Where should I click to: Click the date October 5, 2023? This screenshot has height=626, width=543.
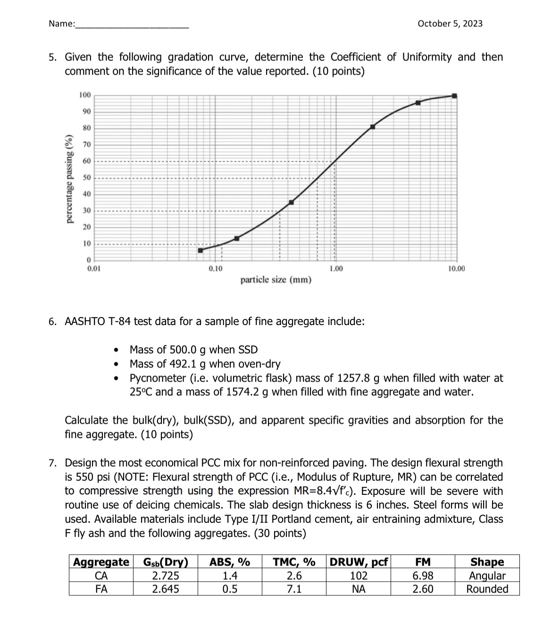point(450,24)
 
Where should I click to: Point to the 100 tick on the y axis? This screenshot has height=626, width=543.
point(85,95)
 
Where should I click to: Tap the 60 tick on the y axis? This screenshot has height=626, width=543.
point(87,161)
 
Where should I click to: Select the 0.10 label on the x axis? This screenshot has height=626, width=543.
point(216,268)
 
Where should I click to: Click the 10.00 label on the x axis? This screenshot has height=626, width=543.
point(456,268)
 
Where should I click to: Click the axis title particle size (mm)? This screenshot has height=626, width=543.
point(276,280)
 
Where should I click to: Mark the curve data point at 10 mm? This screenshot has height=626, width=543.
point(454,96)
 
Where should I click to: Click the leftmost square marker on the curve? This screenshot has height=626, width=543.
point(200,250)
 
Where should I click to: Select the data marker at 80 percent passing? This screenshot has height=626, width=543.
point(373,126)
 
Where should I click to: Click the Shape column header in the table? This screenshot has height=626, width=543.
point(487,562)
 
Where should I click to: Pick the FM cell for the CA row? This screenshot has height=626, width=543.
point(422,576)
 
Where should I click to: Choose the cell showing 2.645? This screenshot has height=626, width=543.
point(165,589)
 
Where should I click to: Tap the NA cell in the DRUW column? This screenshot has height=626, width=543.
point(359,589)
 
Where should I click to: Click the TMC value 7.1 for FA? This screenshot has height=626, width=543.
point(294,589)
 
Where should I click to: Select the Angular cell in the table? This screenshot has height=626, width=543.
point(487,576)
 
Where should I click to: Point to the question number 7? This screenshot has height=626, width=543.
point(53,463)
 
